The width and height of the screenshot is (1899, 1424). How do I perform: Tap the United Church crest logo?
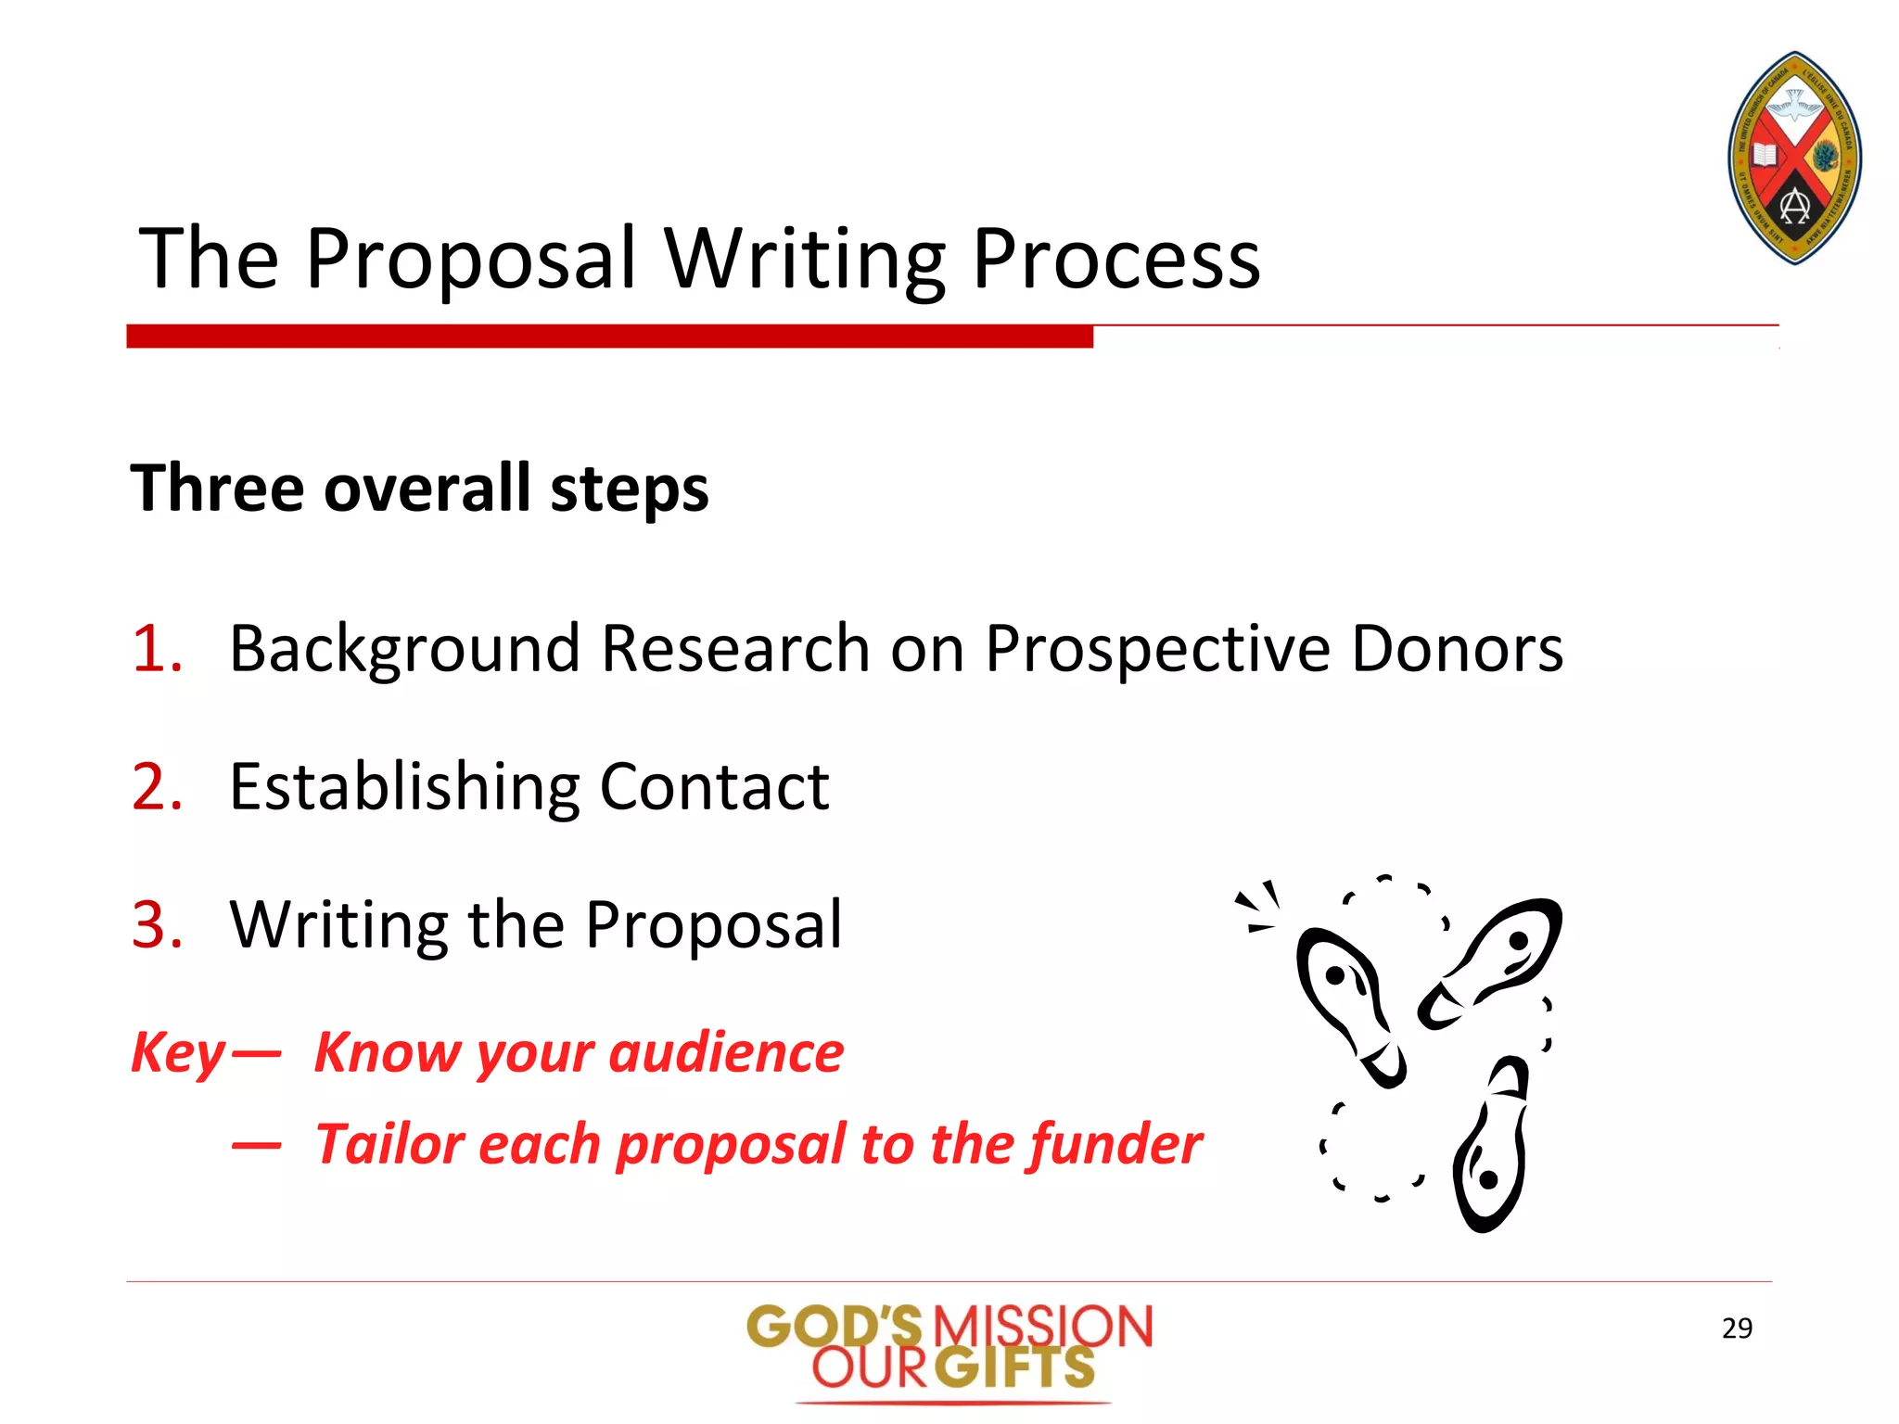pos(1794,158)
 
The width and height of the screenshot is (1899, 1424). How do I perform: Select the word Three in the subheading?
pos(217,489)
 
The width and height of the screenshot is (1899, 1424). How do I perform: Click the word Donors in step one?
pos(1457,648)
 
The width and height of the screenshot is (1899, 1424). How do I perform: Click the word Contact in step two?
pos(714,787)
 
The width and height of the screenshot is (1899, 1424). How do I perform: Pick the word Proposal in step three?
pos(714,926)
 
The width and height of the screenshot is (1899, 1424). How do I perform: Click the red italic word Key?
pos(178,1054)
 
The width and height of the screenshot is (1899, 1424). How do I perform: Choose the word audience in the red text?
pos(727,1053)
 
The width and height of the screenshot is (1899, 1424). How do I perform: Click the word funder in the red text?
pos(1115,1144)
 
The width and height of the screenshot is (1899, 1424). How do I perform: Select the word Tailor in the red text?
pos(389,1144)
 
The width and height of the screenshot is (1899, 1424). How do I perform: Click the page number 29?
pos(1737,1329)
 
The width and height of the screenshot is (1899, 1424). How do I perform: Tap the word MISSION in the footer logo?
pos(1042,1327)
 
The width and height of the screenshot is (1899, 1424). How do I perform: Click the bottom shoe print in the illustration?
pos(1490,1147)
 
